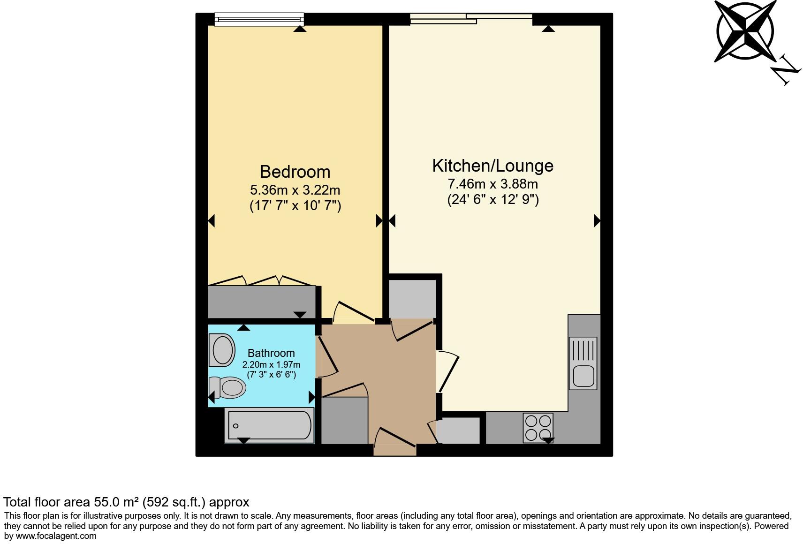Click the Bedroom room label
(x=295, y=172)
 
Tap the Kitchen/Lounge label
(x=492, y=166)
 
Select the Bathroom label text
(x=271, y=353)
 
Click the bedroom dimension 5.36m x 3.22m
(x=295, y=190)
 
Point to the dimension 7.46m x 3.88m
(x=492, y=183)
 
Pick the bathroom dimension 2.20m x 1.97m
(x=271, y=364)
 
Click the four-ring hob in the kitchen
(x=538, y=427)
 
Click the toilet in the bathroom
(x=230, y=387)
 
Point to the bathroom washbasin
(x=223, y=350)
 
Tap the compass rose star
(x=745, y=30)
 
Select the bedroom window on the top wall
(x=259, y=19)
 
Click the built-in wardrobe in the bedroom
(x=262, y=302)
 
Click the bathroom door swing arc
(x=328, y=356)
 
